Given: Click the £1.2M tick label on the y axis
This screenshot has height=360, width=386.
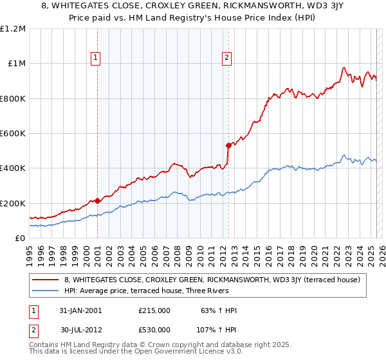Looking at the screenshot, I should pos(13,29).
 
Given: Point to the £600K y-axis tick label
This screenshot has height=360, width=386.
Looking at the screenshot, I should pos(13,134).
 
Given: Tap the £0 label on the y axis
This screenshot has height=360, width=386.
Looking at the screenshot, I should pos(20,239).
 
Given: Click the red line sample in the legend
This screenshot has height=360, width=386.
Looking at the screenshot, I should pos(45,280).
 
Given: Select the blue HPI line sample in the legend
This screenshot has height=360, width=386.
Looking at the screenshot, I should pos(45,291).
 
